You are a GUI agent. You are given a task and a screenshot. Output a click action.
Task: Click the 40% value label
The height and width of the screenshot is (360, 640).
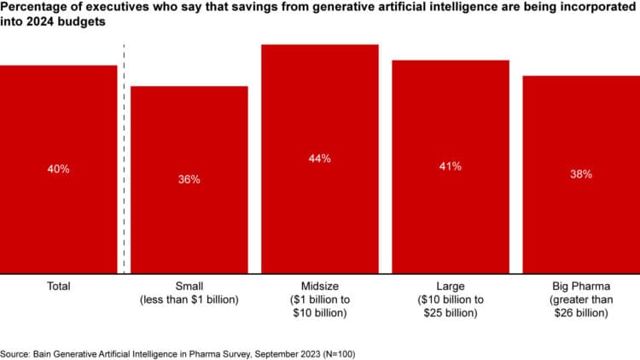(58, 169)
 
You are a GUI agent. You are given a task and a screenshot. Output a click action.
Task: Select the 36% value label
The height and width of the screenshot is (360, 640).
(189, 179)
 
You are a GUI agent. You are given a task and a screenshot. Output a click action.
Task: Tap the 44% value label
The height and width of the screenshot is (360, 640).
(320, 159)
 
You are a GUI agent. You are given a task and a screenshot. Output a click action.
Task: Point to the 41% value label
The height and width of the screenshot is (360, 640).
(451, 166)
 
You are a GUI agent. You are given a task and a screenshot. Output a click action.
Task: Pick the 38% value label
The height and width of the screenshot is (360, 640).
(581, 174)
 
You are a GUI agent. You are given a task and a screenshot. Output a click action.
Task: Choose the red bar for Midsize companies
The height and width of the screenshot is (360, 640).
(320, 213)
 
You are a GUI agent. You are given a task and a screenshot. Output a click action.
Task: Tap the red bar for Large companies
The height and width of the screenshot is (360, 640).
(451, 218)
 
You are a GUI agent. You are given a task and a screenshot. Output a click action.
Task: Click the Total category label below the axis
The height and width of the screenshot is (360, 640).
(58, 286)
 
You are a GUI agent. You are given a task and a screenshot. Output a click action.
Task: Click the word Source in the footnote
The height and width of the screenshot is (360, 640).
(15, 352)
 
